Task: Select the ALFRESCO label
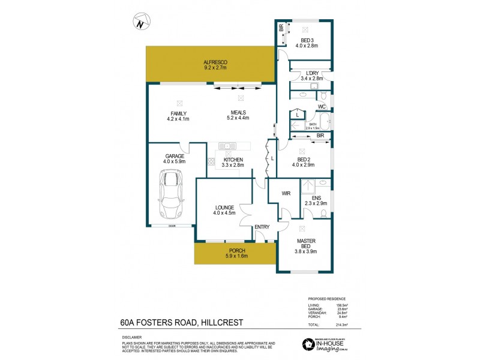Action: point(214,62)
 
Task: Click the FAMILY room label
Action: point(178,113)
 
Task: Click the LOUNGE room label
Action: point(224,208)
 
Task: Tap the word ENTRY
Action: point(262,226)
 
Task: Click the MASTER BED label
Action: point(305,244)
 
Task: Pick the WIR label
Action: point(287,194)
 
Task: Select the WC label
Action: point(322,107)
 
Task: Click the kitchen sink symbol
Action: point(227,146)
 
